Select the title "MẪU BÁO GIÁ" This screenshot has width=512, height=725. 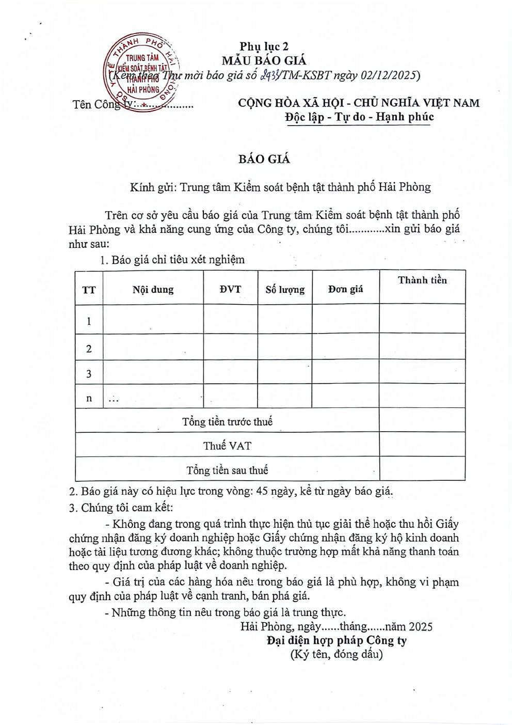point(264,60)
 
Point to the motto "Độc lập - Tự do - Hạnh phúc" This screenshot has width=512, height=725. point(359,117)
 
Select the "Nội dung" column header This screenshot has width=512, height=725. point(153,289)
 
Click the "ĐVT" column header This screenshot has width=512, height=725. point(230,289)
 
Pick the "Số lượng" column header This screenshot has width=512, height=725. point(285,290)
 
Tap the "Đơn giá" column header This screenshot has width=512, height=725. point(345,289)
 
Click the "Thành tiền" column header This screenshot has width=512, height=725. point(422,280)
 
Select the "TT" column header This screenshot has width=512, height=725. point(89,290)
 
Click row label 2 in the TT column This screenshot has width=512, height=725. point(89,349)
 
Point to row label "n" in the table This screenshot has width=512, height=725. point(89,398)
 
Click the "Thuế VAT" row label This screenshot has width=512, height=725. point(227,446)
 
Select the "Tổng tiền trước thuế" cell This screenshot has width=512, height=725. point(227,421)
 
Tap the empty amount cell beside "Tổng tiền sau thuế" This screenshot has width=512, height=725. point(422,470)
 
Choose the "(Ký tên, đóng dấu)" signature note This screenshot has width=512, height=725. point(336,655)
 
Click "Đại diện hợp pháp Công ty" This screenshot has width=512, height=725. point(337,641)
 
